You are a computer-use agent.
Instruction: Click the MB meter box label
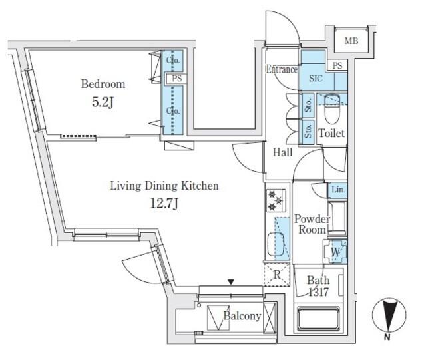click(x=351, y=41)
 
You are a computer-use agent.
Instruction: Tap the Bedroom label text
click(x=103, y=84)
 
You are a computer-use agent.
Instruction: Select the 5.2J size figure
click(x=103, y=102)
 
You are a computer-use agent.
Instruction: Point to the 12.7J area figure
click(x=164, y=203)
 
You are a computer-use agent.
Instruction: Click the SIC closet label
click(x=316, y=79)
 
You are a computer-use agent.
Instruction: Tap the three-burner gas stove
click(x=276, y=200)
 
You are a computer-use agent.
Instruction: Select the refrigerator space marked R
click(x=277, y=275)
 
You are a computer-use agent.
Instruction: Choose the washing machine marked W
click(x=335, y=252)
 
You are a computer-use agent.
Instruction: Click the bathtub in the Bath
click(x=318, y=319)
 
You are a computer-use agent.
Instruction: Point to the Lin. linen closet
click(x=338, y=190)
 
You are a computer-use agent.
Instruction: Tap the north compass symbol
click(x=389, y=317)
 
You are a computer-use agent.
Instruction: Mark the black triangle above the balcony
click(x=231, y=282)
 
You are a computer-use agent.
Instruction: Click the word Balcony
click(x=242, y=316)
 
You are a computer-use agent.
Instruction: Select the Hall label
click(x=282, y=152)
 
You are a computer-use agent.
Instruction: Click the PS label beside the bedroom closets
click(x=177, y=79)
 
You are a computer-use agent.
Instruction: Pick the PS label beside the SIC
click(x=337, y=65)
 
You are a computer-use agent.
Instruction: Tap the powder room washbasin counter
click(x=337, y=218)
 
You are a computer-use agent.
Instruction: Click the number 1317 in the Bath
click(x=318, y=292)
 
